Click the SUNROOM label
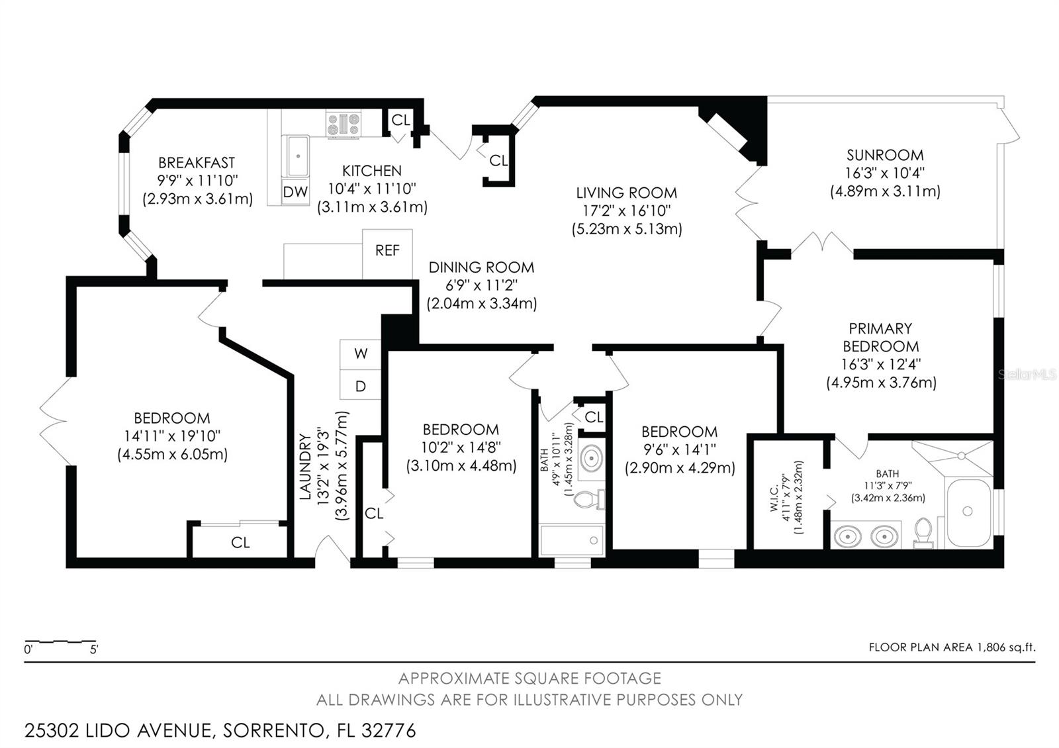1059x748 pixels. coord(884,155)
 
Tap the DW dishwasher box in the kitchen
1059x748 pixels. coord(295,191)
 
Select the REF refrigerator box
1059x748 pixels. coord(387,254)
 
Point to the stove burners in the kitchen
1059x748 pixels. coord(344,124)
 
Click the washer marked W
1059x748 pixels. coord(360,354)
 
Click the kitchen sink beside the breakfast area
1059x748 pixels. coord(295,156)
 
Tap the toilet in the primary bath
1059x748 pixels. coord(923,533)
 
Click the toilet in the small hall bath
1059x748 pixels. coord(589,499)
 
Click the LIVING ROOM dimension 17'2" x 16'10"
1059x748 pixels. coord(627,211)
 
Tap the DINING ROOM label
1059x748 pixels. coord(481,267)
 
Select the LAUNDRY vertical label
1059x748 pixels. coord(305,467)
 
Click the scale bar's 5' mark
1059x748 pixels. coord(94,649)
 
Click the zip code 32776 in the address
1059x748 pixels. coord(389,731)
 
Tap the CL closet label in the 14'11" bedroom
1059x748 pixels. coord(240,542)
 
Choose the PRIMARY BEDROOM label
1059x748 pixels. coord(881,337)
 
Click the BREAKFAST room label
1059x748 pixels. coord(197,163)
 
